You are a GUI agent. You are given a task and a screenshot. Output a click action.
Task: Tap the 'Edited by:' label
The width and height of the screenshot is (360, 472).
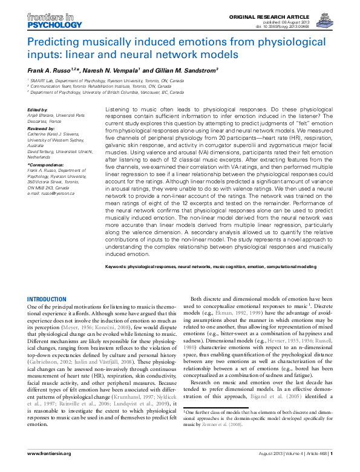click(38, 110)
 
